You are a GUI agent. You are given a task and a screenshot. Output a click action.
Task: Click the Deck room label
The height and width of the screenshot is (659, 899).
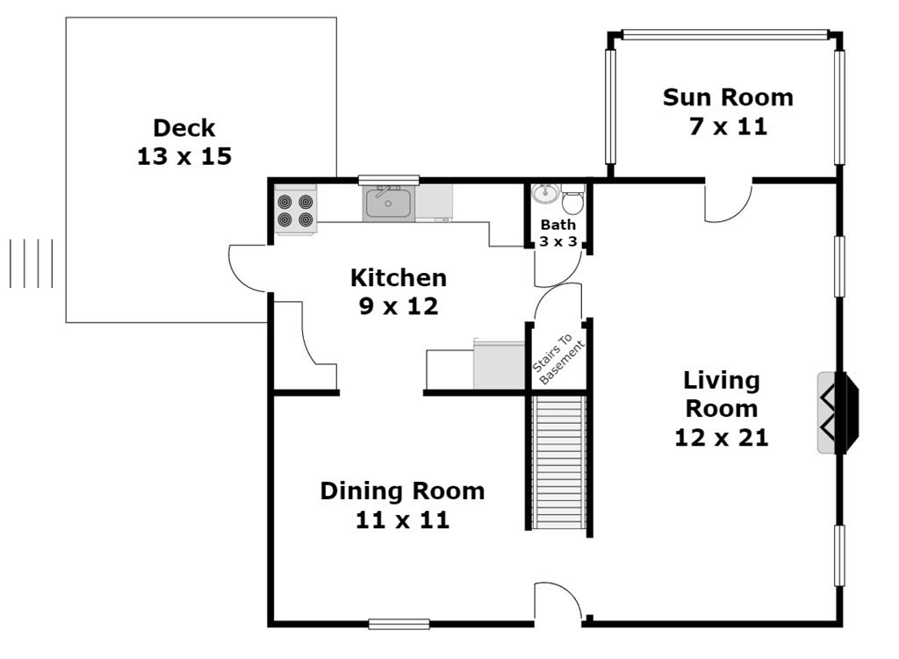[x=184, y=128]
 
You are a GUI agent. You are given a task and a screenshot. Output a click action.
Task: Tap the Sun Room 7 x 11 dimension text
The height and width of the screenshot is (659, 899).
[x=728, y=126]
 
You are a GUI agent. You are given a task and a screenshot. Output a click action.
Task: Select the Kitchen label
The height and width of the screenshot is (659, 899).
[x=399, y=278]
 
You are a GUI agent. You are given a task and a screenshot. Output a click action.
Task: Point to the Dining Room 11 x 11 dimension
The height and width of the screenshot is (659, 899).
[x=402, y=519]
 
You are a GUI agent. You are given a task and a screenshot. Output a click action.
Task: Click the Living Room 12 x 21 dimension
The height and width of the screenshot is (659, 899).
[x=722, y=438]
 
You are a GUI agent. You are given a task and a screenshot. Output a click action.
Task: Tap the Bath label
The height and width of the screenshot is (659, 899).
[x=557, y=225]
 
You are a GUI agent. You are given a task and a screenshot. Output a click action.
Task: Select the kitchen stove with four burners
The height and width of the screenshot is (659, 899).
[x=295, y=210]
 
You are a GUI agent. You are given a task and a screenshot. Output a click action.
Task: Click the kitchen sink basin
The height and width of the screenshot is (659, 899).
[x=388, y=204]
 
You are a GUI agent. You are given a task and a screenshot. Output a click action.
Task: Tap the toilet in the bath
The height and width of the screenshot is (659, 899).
[x=572, y=198]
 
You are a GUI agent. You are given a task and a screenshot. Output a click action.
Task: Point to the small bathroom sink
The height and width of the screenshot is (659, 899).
[x=544, y=194]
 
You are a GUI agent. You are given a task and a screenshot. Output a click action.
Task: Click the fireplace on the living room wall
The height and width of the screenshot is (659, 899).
[x=838, y=413]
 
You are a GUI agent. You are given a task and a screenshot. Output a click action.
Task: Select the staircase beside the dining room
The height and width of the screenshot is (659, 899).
[x=559, y=462]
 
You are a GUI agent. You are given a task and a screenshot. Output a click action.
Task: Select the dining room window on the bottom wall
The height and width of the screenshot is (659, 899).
[x=399, y=624]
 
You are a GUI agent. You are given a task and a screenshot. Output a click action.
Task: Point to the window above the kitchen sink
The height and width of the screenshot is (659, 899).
[x=389, y=180]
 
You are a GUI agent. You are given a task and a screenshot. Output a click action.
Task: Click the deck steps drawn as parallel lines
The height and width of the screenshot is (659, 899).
[x=32, y=263]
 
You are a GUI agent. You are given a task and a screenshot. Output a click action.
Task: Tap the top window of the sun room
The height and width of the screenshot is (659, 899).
[x=725, y=35]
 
